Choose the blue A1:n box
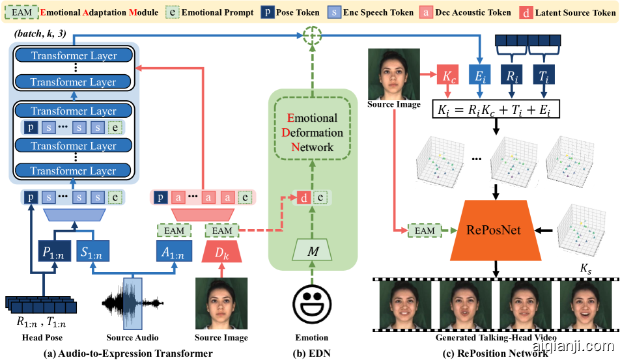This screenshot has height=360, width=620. point(174,251)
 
